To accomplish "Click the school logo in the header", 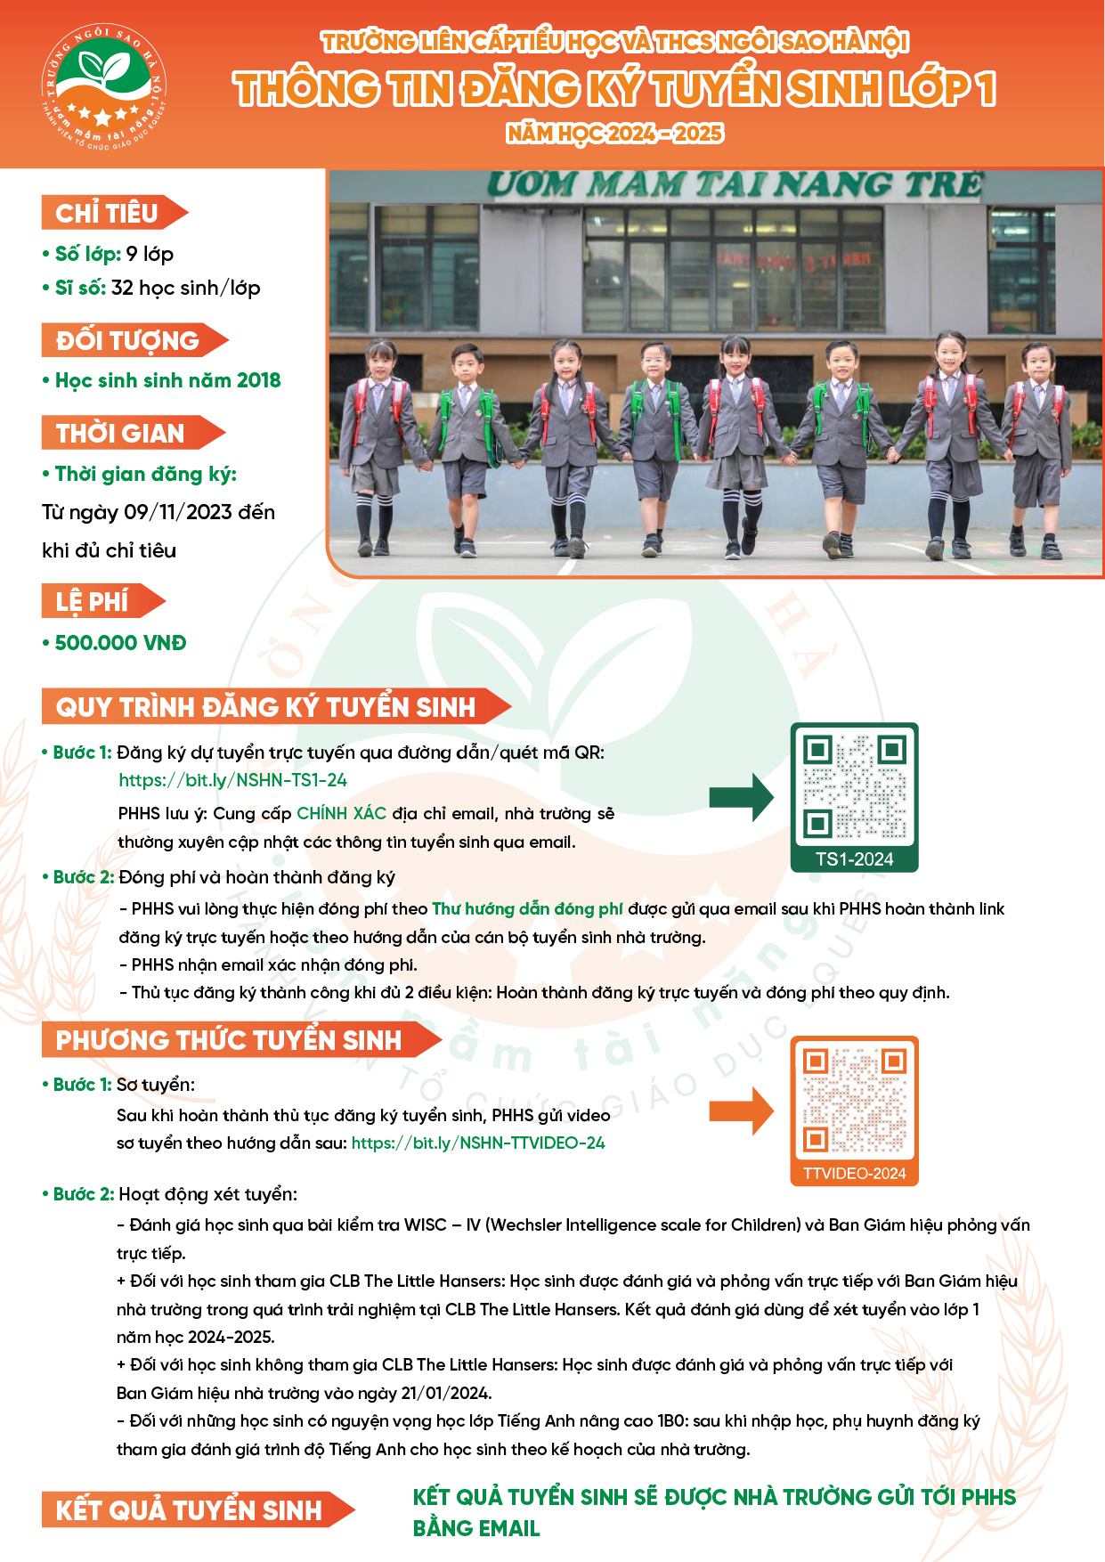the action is [104, 86].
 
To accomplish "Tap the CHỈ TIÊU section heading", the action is [115, 213].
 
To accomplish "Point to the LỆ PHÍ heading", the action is [103, 601].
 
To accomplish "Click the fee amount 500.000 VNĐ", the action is [120, 643].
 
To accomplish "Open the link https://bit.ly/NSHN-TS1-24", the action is [233, 780].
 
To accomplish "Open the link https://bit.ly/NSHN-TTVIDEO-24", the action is [478, 1143].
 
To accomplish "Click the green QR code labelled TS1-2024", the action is [854, 797].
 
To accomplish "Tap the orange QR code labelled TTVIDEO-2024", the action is [854, 1110].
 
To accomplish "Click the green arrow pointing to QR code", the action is [742, 797].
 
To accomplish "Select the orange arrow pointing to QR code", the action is [742, 1110].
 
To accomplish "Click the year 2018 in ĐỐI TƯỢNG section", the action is [258, 380].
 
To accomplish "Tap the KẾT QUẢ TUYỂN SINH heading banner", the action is [199, 1509].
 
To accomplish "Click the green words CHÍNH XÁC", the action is [342, 813].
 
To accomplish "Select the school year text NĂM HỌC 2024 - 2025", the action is [615, 133].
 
